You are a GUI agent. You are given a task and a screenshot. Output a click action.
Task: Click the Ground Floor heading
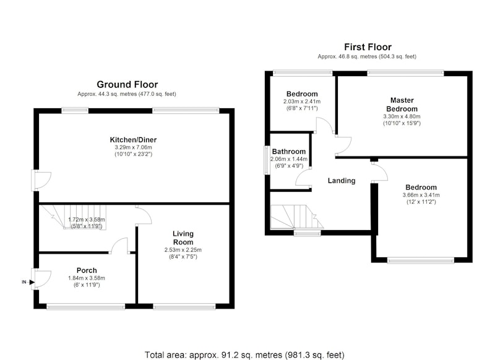(127, 85)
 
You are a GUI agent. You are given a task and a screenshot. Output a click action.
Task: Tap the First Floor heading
(368, 47)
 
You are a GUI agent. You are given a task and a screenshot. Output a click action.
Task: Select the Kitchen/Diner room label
(133, 140)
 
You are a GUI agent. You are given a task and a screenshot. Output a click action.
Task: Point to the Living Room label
(183, 238)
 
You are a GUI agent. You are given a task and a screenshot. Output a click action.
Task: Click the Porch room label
(87, 270)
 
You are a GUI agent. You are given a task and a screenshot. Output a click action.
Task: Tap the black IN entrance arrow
(32, 282)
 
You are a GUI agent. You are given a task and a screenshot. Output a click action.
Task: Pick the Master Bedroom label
(402, 105)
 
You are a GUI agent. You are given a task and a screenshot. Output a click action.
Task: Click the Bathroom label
(289, 152)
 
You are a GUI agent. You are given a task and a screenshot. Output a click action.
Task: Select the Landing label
(342, 181)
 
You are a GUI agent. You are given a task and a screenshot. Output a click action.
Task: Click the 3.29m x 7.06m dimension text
(133, 147)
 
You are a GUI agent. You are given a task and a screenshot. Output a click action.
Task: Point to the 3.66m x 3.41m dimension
(421, 195)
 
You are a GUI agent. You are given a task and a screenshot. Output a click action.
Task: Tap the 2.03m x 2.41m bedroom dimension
(302, 101)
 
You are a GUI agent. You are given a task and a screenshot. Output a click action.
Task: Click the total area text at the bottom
(244, 355)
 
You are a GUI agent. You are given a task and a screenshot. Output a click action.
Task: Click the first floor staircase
(297, 216)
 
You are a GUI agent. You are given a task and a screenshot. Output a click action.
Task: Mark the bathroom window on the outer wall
(267, 160)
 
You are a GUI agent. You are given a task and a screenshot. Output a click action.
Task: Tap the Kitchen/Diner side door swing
(41, 181)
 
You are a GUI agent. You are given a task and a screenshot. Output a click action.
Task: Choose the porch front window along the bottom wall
(86, 306)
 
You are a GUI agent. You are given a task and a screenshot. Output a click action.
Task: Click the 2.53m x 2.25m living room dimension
(183, 250)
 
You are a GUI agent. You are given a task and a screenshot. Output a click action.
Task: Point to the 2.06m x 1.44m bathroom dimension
(289, 159)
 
